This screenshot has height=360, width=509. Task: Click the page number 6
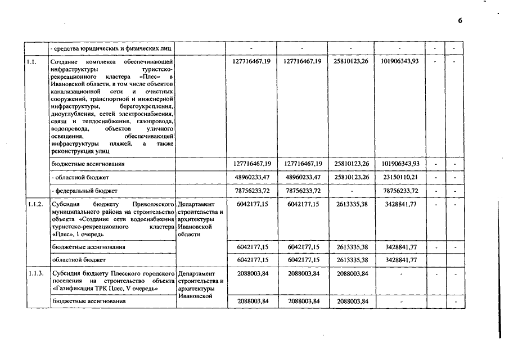point(460,21)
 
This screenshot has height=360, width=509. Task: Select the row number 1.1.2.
point(37,204)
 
